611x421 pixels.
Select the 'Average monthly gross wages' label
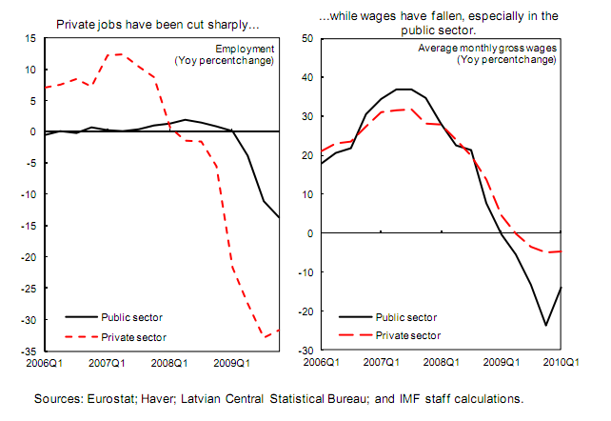(x=488, y=48)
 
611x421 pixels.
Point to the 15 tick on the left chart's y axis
(x=30, y=38)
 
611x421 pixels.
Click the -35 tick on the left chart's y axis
(x=29, y=350)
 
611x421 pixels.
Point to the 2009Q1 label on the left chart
(x=230, y=362)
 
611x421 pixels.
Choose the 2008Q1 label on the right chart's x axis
(x=441, y=362)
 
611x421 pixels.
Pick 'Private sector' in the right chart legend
(x=411, y=336)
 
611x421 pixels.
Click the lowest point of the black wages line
(x=545, y=326)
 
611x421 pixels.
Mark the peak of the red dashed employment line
(x=117, y=54)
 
